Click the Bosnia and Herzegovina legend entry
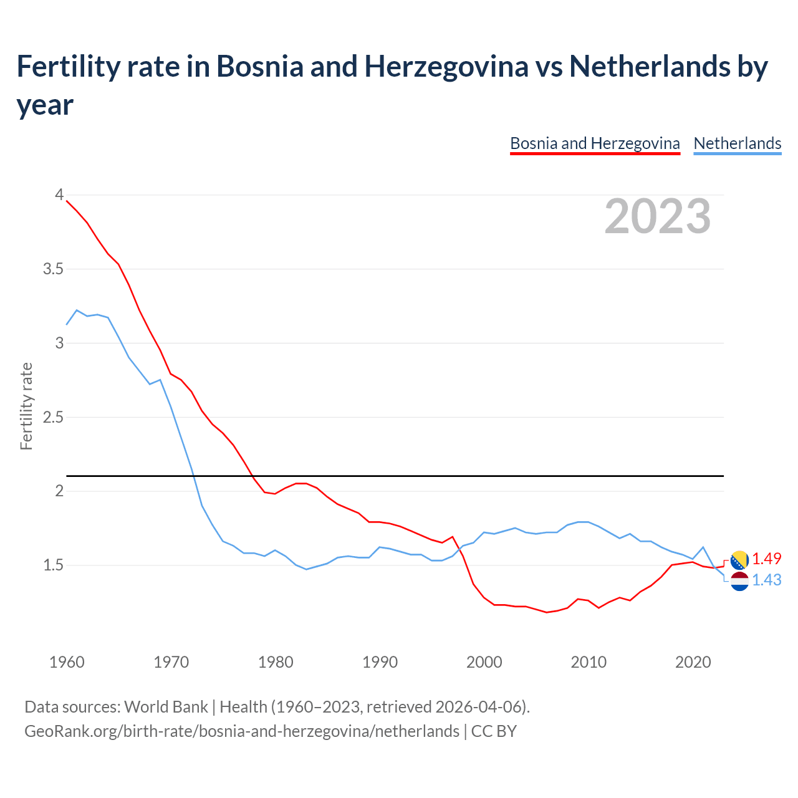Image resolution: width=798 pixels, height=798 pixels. [x=595, y=143]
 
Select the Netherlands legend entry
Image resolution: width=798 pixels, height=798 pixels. [x=737, y=143]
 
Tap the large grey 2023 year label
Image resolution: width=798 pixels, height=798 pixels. [x=658, y=216]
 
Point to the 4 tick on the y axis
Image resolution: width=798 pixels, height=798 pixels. [x=59, y=195]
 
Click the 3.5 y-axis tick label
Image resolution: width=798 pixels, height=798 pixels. [x=54, y=269]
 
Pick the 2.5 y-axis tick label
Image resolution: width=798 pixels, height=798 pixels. [x=54, y=417]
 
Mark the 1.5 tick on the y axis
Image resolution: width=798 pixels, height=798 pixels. [x=54, y=565]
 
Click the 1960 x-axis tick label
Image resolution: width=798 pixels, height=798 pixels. [x=67, y=662]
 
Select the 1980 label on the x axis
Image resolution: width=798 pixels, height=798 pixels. [x=276, y=662]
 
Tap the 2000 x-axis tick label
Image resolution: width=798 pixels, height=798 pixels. [x=484, y=662]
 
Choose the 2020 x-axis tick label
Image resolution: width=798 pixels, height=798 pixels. [x=693, y=662]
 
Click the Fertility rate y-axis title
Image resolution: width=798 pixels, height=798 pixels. [x=26, y=406]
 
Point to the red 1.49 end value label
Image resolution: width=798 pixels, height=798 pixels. [x=766, y=559]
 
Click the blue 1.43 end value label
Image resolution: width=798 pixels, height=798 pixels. [x=766, y=580]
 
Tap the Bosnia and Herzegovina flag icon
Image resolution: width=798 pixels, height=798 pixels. [x=739, y=560]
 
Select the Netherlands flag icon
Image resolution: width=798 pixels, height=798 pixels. [x=739, y=581]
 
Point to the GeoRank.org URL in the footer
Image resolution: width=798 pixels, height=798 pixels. [x=241, y=731]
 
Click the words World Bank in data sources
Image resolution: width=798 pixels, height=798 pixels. [x=166, y=707]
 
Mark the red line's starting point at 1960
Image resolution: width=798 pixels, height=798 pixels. [x=67, y=201]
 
